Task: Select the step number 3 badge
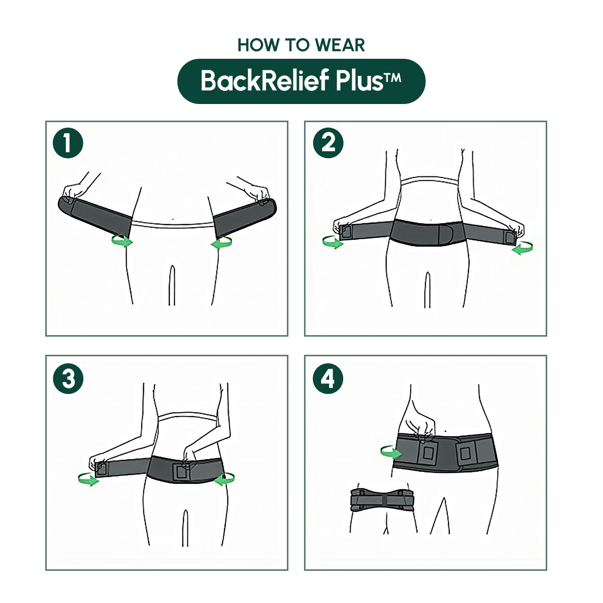[x=68, y=378]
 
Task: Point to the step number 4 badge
[x=328, y=378]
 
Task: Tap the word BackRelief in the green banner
[x=265, y=81]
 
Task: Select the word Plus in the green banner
[x=359, y=81]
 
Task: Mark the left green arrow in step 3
[x=88, y=479]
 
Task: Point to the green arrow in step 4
[x=390, y=452]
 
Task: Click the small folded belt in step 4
[x=382, y=500]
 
